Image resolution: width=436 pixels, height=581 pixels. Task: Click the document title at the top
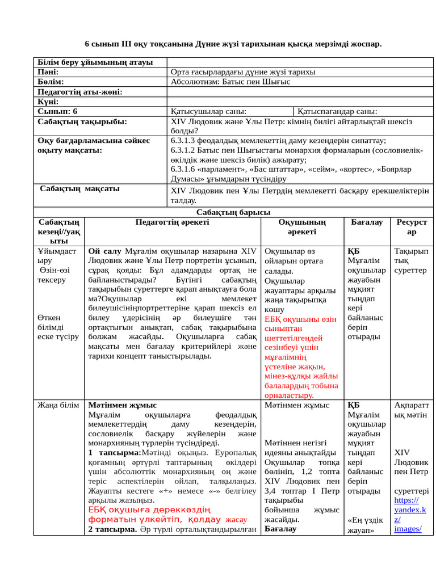coord(233,44)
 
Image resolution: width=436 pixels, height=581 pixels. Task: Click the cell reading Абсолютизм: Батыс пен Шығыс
coord(230,82)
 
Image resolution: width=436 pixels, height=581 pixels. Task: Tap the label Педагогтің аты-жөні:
coord(80,92)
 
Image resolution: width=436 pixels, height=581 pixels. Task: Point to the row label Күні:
coord(48,102)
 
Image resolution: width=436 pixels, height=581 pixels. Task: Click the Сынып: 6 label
coord(57,112)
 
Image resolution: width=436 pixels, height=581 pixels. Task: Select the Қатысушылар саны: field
coord(208,112)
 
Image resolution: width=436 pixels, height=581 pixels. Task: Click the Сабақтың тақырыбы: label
coord(82,121)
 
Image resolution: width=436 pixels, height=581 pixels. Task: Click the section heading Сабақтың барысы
coord(233,212)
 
